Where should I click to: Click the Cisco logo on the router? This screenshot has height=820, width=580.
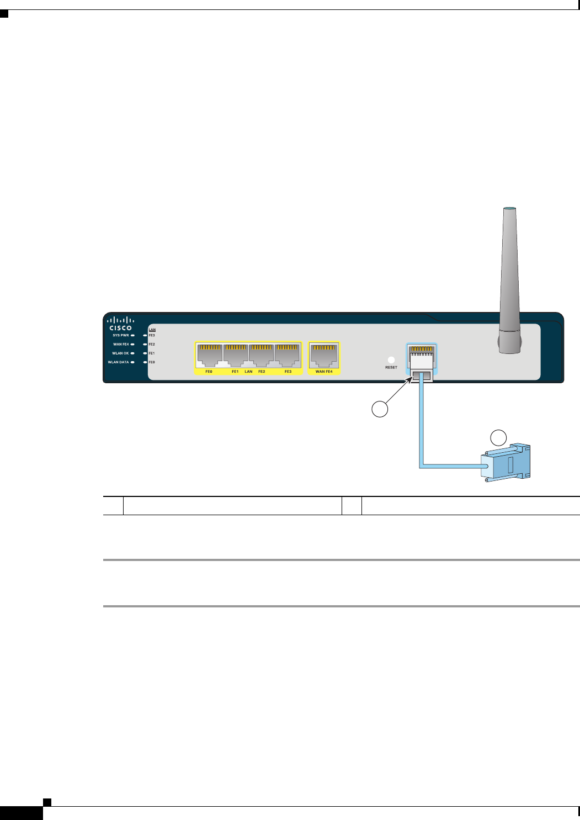(120, 324)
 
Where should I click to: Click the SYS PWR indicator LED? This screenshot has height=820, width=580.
(133, 335)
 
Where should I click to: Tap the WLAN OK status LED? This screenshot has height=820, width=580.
(133, 353)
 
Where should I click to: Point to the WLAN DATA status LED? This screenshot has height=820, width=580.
(133, 362)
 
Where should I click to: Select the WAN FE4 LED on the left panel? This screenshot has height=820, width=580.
(133, 345)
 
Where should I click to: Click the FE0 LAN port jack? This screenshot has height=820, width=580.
(210, 356)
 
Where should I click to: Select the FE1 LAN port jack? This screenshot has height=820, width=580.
(236, 356)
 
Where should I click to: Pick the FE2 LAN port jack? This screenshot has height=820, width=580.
(262, 356)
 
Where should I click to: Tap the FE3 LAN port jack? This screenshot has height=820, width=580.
(288, 356)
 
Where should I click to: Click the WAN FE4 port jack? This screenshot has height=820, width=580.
(324, 356)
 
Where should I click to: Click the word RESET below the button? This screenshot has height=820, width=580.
(391, 367)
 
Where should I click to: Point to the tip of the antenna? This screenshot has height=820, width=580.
(509, 209)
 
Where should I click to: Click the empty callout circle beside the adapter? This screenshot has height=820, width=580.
(499, 437)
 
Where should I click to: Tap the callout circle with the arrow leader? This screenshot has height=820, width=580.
(379, 409)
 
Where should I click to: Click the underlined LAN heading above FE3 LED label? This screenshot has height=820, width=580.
(152, 330)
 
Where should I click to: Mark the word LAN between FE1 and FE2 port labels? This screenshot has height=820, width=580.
(248, 372)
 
